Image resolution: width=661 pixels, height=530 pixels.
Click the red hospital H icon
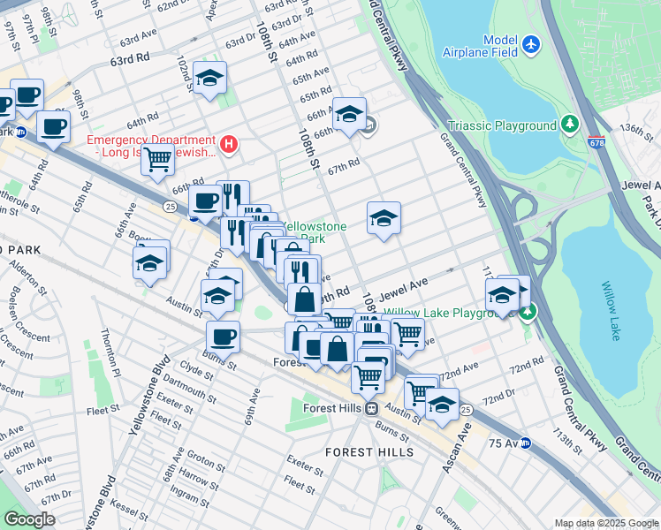pyautogui.click(x=229, y=142)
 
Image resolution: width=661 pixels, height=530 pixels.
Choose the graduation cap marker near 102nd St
pyautogui.click(x=209, y=79)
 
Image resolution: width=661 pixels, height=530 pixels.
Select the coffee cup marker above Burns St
pyautogui.click(x=223, y=336)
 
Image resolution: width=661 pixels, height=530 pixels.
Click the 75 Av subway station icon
pyautogui.click(x=525, y=443)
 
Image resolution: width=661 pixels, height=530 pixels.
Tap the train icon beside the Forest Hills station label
pyautogui.click(x=373, y=408)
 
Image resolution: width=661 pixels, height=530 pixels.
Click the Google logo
pyautogui.click(x=29, y=519)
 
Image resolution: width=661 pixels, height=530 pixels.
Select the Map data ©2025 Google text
pyautogui.click(x=606, y=523)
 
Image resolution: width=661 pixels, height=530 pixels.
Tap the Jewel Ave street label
pyautogui.click(x=404, y=288)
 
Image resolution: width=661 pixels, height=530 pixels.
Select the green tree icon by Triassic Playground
pyautogui.click(x=571, y=125)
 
